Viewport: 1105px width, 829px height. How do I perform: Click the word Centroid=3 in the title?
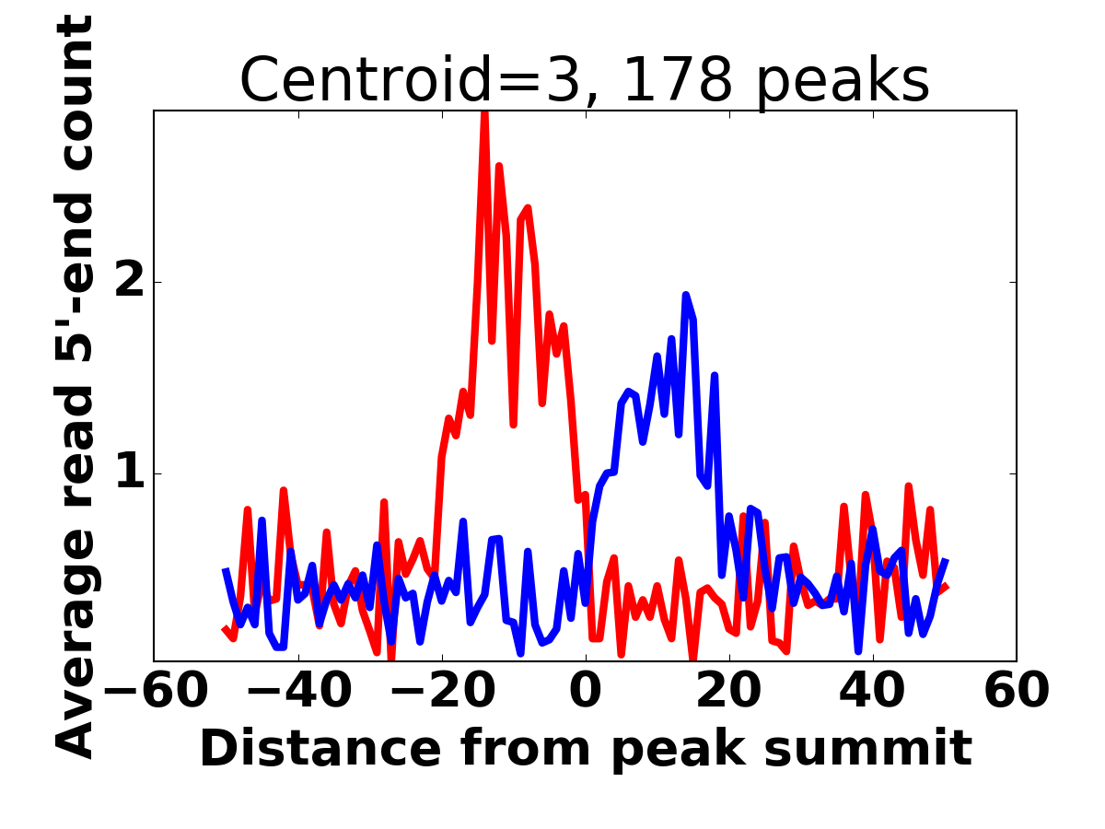pos(412,80)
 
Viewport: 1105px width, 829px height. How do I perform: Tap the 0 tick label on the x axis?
pos(586,691)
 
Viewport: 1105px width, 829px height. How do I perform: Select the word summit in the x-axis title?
pos(885,748)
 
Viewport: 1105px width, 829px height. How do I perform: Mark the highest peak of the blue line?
pos(686,295)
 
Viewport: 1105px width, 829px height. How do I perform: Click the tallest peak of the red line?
pos(484,112)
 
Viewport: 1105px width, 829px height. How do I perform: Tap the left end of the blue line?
pos(225,570)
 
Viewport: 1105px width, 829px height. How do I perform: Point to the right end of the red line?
pos(947,587)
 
